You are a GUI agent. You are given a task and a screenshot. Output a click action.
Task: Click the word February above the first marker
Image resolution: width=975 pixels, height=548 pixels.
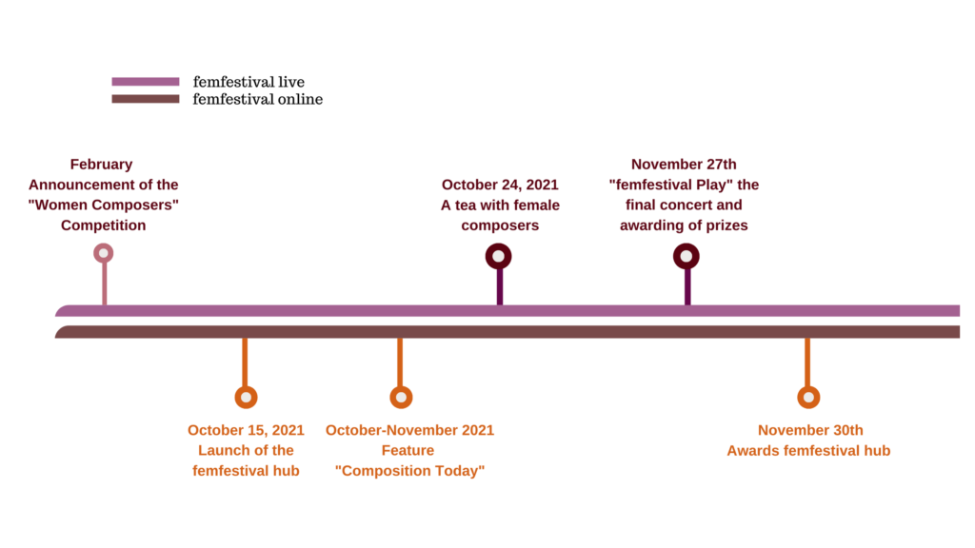[102, 164]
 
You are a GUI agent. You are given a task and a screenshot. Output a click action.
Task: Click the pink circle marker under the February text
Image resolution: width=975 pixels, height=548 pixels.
[104, 253]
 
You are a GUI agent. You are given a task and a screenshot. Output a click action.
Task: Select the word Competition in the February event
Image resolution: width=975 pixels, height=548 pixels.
[103, 225]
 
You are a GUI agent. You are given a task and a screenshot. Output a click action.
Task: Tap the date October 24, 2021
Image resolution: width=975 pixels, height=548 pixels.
[500, 185]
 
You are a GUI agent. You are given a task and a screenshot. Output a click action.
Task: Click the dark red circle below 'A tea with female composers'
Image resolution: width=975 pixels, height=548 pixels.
[498, 256]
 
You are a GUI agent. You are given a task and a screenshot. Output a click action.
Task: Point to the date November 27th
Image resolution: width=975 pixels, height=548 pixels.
[684, 164]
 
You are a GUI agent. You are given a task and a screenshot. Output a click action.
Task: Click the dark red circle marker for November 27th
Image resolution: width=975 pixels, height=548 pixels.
[686, 256]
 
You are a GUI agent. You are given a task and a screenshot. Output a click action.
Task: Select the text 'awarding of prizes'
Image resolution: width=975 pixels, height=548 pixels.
[684, 225]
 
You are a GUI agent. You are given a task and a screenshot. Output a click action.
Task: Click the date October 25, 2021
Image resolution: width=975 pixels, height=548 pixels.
[246, 430]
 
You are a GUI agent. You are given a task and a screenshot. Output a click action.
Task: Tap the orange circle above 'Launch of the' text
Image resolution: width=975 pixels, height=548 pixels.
[246, 397]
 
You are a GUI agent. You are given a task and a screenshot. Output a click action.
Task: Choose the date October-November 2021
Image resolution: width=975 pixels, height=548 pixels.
[409, 430]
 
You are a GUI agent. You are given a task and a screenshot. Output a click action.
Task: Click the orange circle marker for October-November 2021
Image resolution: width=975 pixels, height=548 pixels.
[401, 397]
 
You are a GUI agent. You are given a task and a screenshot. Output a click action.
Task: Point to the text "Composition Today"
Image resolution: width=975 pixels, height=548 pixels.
[409, 471]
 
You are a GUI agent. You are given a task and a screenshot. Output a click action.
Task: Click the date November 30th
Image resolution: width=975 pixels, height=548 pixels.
[810, 430]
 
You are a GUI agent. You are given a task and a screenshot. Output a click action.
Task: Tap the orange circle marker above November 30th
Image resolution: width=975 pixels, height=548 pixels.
[808, 397]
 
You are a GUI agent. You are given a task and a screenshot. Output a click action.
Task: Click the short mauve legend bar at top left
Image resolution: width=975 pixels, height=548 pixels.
[146, 82]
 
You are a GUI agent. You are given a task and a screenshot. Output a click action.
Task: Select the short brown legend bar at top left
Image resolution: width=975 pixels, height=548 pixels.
[146, 99]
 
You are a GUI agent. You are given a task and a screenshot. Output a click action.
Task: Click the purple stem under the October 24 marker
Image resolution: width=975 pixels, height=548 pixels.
[500, 287]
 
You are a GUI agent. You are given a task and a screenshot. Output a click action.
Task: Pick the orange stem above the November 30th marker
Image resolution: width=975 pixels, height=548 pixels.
[807, 362]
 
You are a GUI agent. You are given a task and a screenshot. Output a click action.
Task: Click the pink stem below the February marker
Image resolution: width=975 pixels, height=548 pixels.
[105, 284]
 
